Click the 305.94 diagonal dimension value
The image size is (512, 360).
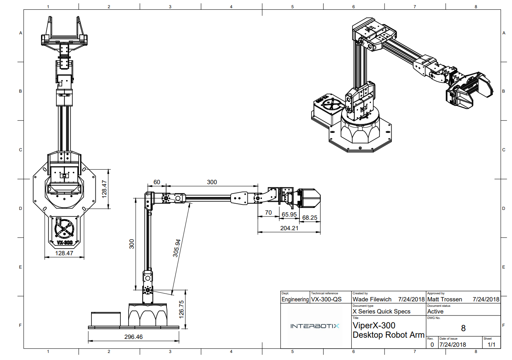point(177,248)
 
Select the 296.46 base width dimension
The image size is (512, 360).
point(134,337)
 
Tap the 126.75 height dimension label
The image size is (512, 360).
point(181,309)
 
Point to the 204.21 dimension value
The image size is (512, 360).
point(289,228)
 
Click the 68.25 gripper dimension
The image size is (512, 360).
point(310,218)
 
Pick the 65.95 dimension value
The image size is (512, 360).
point(289,215)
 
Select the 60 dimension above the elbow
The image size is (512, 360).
point(157,182)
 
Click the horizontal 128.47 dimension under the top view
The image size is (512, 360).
point(64,253)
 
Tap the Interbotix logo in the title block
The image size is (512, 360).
point(315,326)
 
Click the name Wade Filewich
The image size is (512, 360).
point(372,299)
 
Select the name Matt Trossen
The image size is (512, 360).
point(444,299)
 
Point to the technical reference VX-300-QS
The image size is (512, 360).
point(326,299)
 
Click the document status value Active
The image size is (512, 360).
point(435,311)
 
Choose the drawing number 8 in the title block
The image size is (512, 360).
point(463,328)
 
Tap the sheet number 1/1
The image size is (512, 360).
point(491,344)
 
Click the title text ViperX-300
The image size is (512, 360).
point(374,325)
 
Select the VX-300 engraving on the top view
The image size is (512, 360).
point(65,242)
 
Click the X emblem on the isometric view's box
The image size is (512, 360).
point(331,104)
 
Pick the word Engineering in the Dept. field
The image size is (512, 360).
point(295,299)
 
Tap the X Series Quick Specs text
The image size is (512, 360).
point(381,311)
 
